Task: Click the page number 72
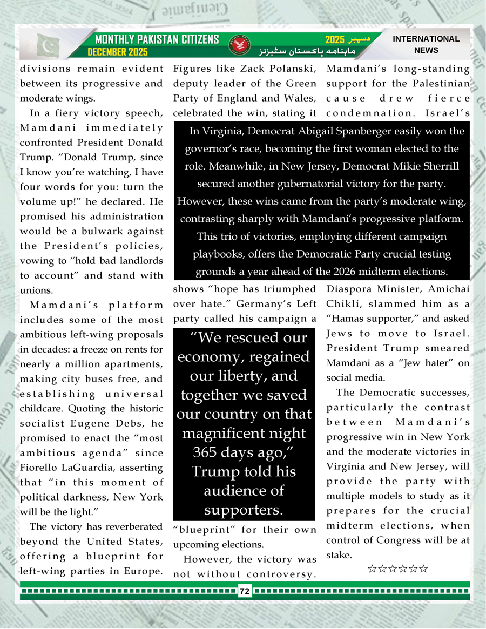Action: coord(244,592)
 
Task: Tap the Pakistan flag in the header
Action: coord(49,46)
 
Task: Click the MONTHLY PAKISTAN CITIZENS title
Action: coord(157,39)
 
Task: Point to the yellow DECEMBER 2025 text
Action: coord(118,52)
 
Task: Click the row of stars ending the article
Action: coord(397,569)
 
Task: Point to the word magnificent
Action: coord(244,433)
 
